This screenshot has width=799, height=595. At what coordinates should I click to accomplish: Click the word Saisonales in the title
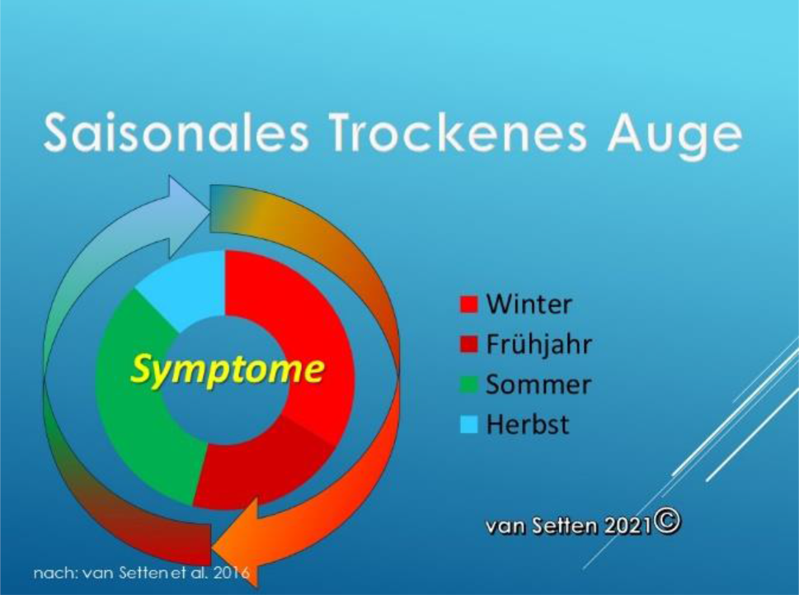coord(176,134)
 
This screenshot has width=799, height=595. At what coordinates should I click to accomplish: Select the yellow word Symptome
coord(228,371)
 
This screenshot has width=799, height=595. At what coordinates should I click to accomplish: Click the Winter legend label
coord(529,304)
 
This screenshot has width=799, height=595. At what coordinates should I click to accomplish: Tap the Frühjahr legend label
coord(538,345)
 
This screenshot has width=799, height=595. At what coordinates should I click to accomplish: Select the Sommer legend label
coord(538,385)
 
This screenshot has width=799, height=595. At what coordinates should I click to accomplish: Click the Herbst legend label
coord(528,424)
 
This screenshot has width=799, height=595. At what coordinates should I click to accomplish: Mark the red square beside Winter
coord(469,305)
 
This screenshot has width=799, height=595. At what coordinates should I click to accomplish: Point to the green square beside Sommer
coord(469,385)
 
